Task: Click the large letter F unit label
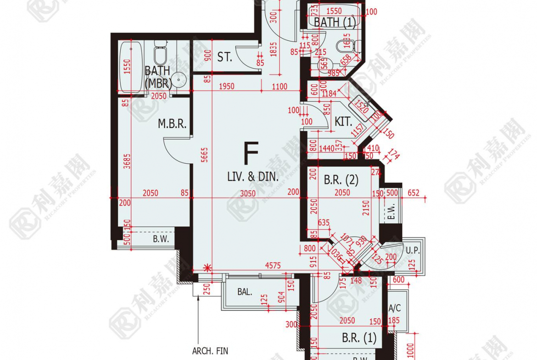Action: (251, 154)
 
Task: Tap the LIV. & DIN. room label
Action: (253, 176)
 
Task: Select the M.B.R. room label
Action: (172, 124)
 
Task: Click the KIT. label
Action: (343, 122)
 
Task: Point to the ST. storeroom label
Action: (224, 58)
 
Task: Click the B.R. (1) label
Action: (359, 338)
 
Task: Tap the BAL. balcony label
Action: (245, 292)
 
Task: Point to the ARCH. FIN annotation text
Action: (210, 351)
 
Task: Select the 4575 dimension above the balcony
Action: (273, 265)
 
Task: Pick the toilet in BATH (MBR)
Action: (160, 54)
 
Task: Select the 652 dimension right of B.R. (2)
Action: (414, 193)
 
